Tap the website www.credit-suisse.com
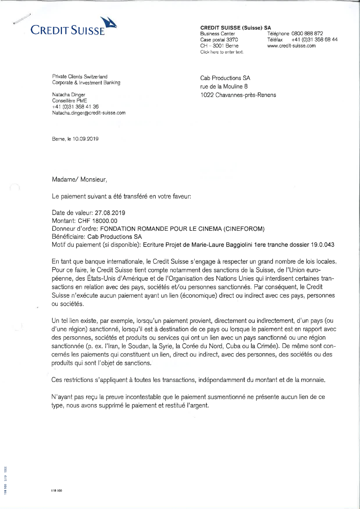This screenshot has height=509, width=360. point(292,46)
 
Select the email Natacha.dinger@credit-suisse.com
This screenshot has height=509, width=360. point(89,113)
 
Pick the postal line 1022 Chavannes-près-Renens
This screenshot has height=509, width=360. point(238,95)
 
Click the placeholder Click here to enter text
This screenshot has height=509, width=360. point(222,52)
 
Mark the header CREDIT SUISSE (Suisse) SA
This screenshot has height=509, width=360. point(236,27)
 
